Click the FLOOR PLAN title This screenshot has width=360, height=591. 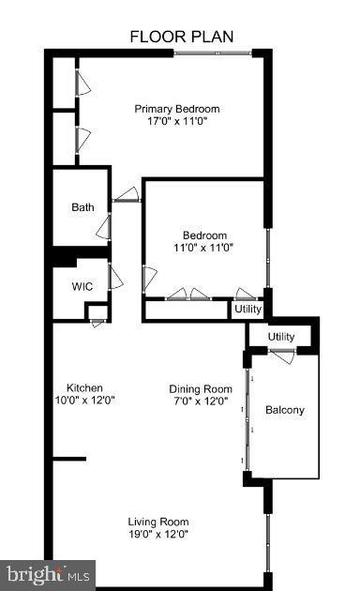181,37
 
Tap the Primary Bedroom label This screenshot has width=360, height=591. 183,108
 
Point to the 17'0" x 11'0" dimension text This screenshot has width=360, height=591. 183,121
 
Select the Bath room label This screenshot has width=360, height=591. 82,207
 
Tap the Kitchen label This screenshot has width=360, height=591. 84,387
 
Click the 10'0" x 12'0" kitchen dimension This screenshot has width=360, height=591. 84,401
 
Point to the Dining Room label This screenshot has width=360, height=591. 200,388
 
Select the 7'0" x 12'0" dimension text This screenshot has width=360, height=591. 200,402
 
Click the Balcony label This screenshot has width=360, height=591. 284,410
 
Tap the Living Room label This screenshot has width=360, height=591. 158,522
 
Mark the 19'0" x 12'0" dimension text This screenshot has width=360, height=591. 158,535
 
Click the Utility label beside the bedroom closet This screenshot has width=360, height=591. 248,309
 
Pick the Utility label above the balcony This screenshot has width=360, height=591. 281,337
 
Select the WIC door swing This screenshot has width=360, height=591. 115,277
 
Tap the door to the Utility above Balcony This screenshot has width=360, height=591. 281,352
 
